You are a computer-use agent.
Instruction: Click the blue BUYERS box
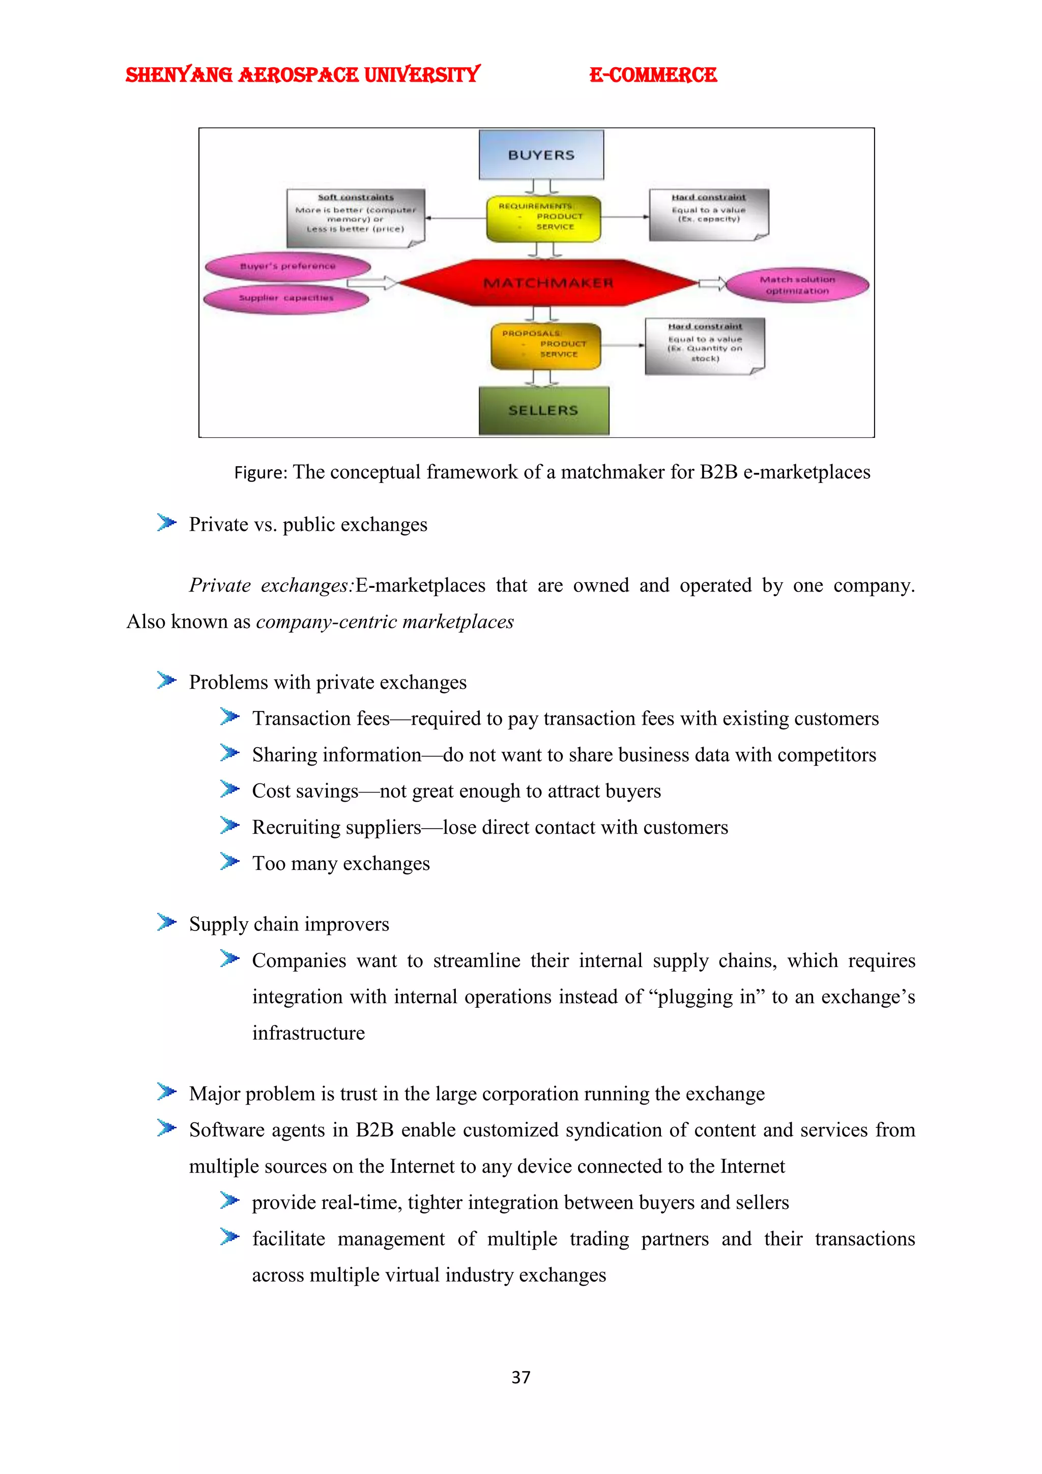[541, 155]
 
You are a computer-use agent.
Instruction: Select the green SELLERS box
[543, 410]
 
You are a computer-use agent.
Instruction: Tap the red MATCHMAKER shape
[548, 282]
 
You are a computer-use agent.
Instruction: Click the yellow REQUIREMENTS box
[543, 218]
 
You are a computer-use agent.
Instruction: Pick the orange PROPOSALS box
[546, 346]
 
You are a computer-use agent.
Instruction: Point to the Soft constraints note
[356, 217]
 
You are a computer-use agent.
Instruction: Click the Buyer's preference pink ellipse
[287, 266]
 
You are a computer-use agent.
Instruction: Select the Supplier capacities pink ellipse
[286, 298]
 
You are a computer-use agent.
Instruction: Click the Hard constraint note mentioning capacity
[708, 214]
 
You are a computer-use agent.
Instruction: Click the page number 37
[520, 1377]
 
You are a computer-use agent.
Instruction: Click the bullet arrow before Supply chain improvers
[166, 923]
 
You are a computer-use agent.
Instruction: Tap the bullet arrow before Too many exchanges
[229, 862]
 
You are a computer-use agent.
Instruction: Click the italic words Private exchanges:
[271, 585]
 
